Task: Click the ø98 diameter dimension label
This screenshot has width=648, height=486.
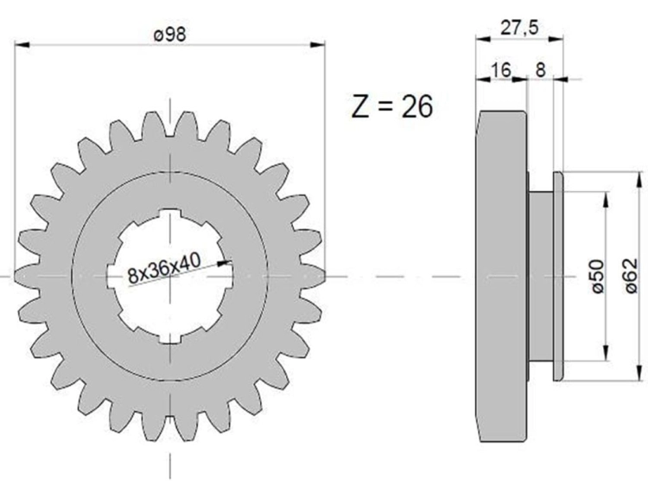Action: click(x=170, y=34)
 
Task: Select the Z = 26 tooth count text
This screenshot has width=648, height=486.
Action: click(x=392, y=106)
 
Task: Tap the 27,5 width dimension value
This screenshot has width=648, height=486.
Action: click(x=519, y=28)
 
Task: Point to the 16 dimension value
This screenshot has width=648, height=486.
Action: click(x=501, y=69)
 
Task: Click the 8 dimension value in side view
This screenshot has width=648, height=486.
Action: click(x=541, y=69)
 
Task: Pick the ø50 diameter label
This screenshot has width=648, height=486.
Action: click(x=598, y=277)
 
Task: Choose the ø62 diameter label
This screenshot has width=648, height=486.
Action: click(x=631, y=276)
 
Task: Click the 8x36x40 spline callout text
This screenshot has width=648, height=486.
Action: click(x=164, y=268)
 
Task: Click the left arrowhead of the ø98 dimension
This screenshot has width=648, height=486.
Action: click(x=22, y=44)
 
